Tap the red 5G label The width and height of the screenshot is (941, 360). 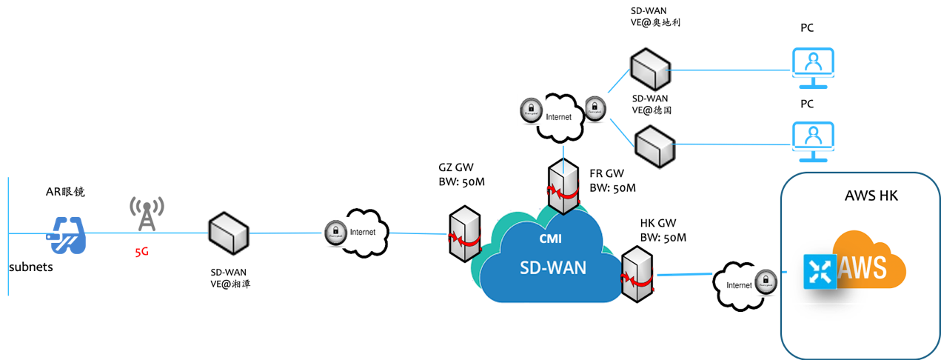click(141, 253)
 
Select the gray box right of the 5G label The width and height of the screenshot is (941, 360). click(228, 233)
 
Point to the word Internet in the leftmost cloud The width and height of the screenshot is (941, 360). click(362, 232)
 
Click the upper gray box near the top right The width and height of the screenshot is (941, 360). click(650, 69)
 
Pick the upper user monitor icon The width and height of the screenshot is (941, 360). click(812, 67)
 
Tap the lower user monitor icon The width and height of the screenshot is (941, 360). click(813, 141)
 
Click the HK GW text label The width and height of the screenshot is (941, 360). click(655, 223)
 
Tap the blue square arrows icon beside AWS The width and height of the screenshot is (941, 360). click(820, 272)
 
